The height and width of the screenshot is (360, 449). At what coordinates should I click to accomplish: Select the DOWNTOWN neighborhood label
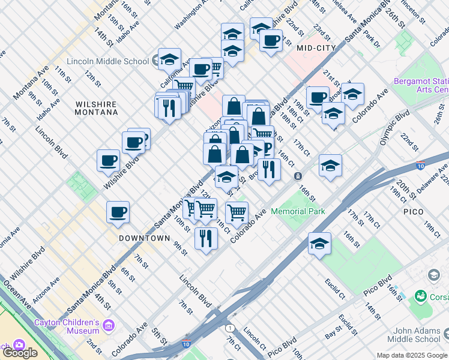(x=144, y=238)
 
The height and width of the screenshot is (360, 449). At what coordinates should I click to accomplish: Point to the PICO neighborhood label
(x=414, y=212)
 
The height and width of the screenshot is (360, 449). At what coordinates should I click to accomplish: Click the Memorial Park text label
(x=298, y=211)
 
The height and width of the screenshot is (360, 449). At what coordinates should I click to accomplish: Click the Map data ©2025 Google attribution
(x=412, y=355)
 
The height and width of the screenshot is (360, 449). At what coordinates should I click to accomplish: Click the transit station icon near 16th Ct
(x=298, y=176)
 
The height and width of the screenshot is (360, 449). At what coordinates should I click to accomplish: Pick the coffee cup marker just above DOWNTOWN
(x=118, y=212)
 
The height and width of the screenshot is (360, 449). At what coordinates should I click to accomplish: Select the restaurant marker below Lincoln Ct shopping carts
(x=206, y=238)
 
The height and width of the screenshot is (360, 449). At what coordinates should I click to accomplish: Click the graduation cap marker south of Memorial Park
(x=320, y=243)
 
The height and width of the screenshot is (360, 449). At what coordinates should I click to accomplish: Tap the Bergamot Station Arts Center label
(x=421, y=85)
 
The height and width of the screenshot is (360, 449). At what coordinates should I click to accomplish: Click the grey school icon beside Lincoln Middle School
(x=156, y=60)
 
